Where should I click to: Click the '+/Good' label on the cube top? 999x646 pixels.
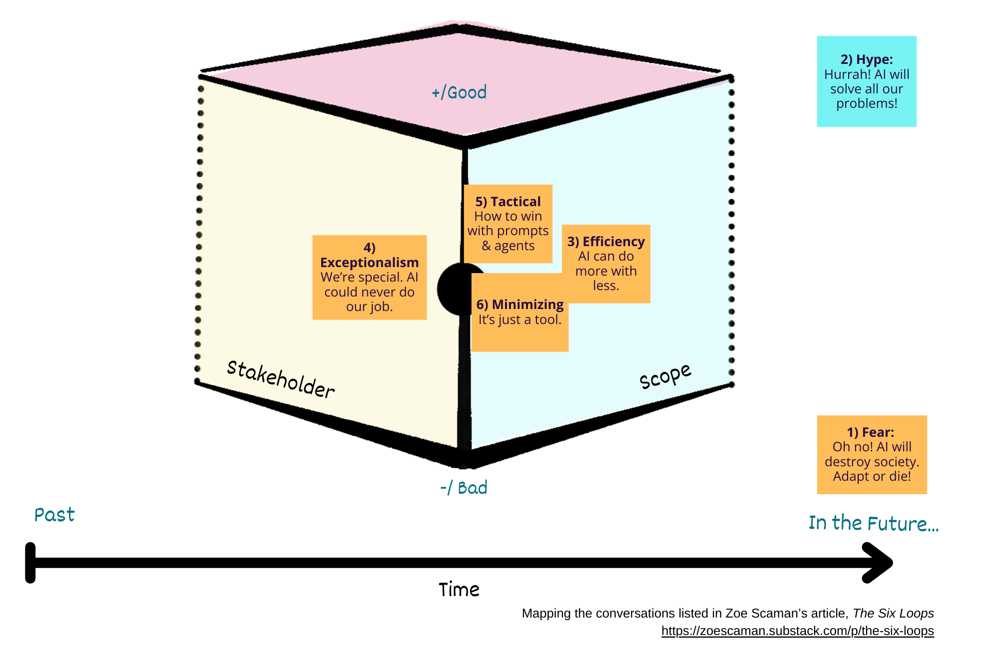click(459, 93)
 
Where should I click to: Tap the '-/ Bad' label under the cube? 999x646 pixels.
click(464, 488)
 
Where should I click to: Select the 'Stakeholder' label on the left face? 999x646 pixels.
click(281, 379)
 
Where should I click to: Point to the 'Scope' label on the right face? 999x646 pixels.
click(665, 376)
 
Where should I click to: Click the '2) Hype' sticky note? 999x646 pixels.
click(867, 81)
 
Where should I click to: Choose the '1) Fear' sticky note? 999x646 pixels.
click(872, 455)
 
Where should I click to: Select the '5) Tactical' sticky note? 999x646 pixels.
click(508, 224)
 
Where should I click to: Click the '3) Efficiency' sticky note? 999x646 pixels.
click(606, 264)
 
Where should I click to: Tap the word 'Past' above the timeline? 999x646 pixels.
click(54, 515)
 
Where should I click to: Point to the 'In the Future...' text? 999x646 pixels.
click(874, 523)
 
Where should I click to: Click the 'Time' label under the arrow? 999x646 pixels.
click(459, 590)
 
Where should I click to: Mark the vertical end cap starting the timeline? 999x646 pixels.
click(30, 563)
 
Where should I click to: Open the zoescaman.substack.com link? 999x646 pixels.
click(797, 631)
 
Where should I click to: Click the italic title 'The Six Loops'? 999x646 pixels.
click(893, 613)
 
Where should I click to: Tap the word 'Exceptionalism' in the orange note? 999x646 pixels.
click(369, 263)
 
